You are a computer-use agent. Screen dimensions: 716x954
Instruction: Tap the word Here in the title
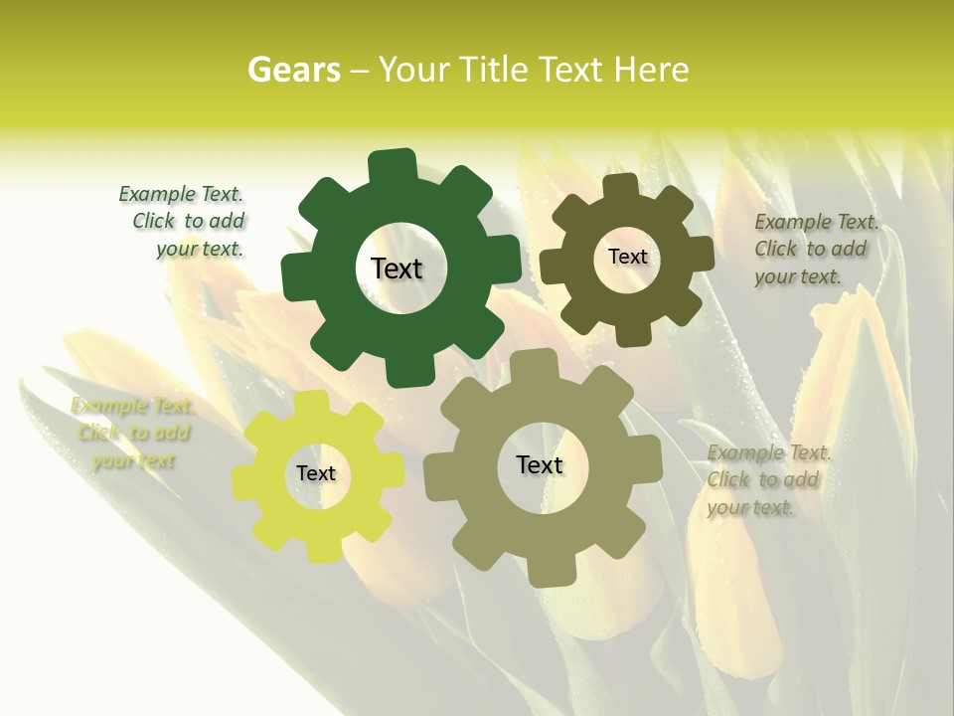coord(652,71)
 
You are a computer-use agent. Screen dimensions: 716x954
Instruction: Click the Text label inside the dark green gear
coord(397,268)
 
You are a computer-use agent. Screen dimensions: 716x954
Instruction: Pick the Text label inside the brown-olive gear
coord(627,257)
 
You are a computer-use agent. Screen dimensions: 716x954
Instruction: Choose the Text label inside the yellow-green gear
coord(316,473)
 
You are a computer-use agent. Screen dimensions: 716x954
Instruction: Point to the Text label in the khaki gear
coord(540,464)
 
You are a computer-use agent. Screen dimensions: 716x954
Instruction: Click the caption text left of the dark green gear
coord(184,222)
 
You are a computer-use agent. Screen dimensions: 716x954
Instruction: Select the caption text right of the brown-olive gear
coord(814,250)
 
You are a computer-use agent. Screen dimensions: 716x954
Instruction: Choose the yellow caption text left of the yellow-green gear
coord(132,434)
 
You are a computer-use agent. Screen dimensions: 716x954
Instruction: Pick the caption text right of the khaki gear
coord(767,480)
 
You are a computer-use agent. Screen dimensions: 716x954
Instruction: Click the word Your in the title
coord(415,71)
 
